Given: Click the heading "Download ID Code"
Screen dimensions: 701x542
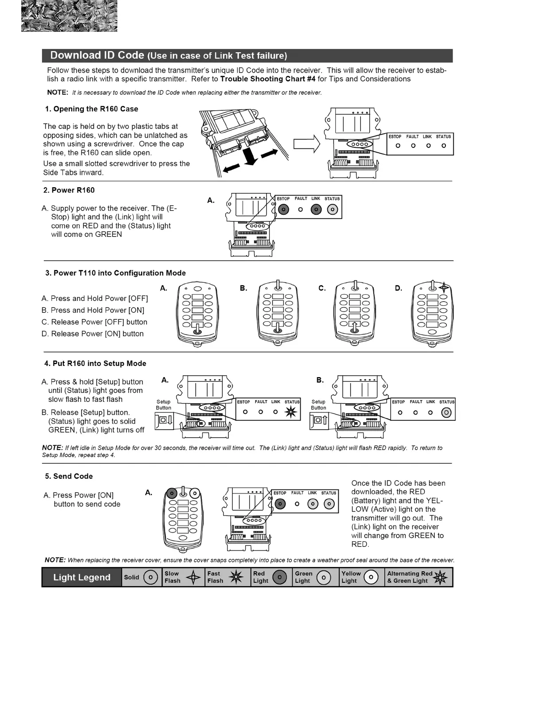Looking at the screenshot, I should pos(97,55).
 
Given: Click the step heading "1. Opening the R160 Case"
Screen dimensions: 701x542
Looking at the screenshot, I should pos(92,109).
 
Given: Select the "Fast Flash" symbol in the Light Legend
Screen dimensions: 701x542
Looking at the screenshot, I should pos(236,577).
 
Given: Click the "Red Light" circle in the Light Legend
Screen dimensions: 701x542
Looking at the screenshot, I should pos(279,577).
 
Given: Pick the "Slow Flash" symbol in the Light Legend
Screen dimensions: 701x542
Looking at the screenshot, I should pos(194,577).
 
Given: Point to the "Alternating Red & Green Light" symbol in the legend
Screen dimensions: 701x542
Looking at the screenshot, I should pos(440,577).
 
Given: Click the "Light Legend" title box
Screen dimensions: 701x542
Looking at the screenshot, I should pos(82,577).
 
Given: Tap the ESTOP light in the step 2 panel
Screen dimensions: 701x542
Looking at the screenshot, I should pos(283,209).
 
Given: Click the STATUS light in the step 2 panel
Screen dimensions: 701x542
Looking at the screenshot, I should pos(332,209).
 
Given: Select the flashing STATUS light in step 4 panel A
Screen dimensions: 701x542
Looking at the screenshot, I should pos(291,412).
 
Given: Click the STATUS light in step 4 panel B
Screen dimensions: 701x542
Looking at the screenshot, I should pos(446,412).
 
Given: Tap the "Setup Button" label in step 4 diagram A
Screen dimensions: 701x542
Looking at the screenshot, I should pos(163,404).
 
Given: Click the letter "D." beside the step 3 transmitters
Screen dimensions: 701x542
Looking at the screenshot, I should pos(399,288).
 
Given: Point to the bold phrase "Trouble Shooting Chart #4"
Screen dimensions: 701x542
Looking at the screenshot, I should pos(267,79).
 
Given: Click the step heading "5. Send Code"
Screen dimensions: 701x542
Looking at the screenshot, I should pos(69,476).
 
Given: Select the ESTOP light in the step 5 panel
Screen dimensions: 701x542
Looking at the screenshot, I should pos(280,504).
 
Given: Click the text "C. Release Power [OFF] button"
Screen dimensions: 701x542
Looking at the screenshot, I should pos(94,322).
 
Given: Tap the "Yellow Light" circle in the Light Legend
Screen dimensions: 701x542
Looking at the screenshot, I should pos(371,577).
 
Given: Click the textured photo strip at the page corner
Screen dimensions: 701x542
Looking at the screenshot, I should pos(69,16).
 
